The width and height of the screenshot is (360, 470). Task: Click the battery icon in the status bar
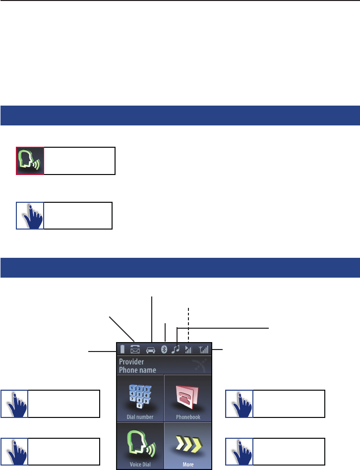122,349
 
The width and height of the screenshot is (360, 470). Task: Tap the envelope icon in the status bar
135,349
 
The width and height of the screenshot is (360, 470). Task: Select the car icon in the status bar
151,350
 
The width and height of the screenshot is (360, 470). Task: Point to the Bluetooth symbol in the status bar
164,350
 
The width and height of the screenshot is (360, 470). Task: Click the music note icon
176,349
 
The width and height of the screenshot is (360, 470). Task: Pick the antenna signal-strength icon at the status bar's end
203,349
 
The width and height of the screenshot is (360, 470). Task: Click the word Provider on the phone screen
131,362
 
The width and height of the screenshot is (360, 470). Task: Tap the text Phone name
137,370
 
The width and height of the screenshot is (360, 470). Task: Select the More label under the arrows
188,465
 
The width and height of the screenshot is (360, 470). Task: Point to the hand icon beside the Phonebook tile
240,404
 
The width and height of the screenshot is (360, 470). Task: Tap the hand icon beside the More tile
240,452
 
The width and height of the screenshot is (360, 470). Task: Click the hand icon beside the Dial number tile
15,404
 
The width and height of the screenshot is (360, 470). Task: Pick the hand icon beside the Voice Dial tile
15,452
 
